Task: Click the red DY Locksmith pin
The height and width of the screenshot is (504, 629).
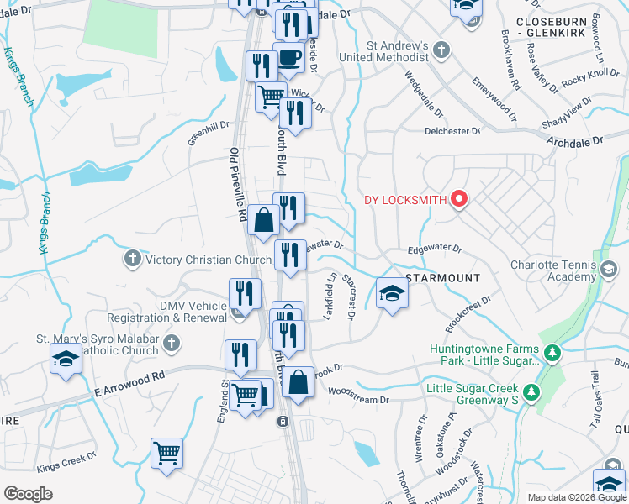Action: pyautogui.click(x=459, y=200)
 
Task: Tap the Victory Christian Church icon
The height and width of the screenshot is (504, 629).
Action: pyautogui.click(x=132, y=260)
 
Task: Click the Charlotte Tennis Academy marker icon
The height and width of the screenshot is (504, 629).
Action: pyautogui.click(x=610, y=270)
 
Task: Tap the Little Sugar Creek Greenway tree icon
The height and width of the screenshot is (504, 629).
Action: pyautogui.click(x=531, y=392)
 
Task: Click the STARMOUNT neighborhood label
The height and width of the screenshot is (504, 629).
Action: pyautogui.click(x=442, y=277)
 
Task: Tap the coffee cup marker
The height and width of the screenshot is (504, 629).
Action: pyautogui.click(x=290, y=59)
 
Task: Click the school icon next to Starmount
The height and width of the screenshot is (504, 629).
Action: pyautogui.click(x=391, y=295)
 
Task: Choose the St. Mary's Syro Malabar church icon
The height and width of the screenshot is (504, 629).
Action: pyautogui.click(x=171, y=344)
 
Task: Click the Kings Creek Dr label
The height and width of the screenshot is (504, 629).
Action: pyautogui.click(x=69, y=464)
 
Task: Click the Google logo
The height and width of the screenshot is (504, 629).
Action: pyautogui.click(x=29, y=494)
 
